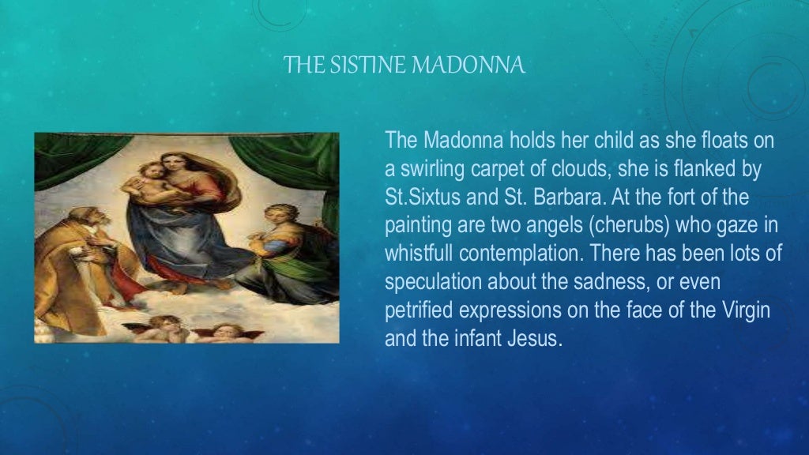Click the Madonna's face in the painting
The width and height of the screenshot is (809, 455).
pyautogui.click(x=174, y=164)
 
